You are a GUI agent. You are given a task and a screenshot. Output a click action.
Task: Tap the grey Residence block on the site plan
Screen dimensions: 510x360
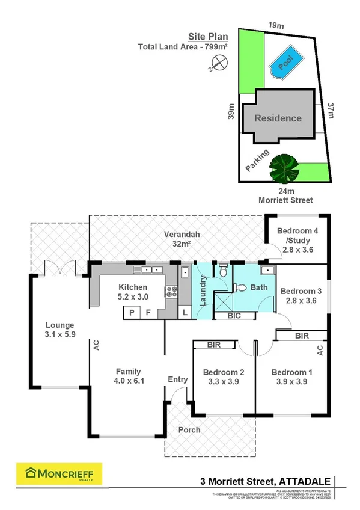click(x=278, y=118)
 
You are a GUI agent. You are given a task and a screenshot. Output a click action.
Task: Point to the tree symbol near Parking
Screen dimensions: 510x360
click(x=284, y=168)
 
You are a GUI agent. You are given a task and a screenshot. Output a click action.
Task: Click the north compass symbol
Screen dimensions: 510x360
click(x=222, y=61)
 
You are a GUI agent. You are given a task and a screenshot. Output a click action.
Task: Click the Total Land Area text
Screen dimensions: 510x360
click(x=174, y=47)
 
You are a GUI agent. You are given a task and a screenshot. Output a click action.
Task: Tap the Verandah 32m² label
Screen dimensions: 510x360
click(x=182, y=239)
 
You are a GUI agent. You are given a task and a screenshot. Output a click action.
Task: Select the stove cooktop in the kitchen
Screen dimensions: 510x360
click(x=171, y=292)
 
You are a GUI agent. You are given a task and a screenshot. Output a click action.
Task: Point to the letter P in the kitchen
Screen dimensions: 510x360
click(x=130, y=312)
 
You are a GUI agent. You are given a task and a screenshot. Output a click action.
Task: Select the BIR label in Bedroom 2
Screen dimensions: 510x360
click(x=213, y=345)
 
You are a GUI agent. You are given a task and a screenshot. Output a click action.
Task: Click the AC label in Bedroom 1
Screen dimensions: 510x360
click(x=320, y=349)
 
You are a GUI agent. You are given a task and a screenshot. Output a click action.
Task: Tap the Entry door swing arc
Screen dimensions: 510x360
click(x=175, y=394)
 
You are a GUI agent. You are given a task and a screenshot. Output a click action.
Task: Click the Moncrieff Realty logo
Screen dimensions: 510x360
click(x=59, y=474)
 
